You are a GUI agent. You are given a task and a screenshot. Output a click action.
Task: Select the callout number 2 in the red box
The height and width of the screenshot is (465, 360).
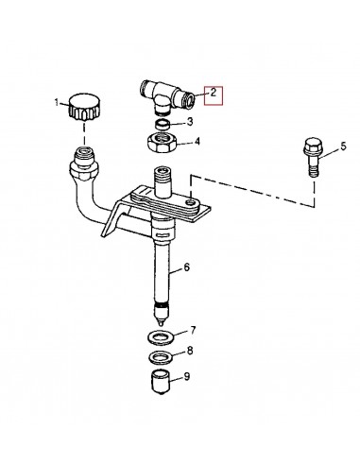click(214, 94)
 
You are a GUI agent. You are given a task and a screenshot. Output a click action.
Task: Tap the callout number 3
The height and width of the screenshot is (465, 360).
click(190, 122)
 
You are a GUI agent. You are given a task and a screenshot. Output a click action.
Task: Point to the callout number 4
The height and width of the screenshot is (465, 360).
click(197, 143)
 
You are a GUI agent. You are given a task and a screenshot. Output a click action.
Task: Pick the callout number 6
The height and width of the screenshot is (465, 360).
click(186, 268)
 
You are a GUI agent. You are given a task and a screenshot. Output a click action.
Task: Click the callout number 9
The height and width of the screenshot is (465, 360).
click(188, 375)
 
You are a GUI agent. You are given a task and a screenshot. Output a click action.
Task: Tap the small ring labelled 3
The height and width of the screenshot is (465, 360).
click(163, 122)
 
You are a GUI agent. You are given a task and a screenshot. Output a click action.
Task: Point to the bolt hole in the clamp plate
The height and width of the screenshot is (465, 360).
click(190, 199)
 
